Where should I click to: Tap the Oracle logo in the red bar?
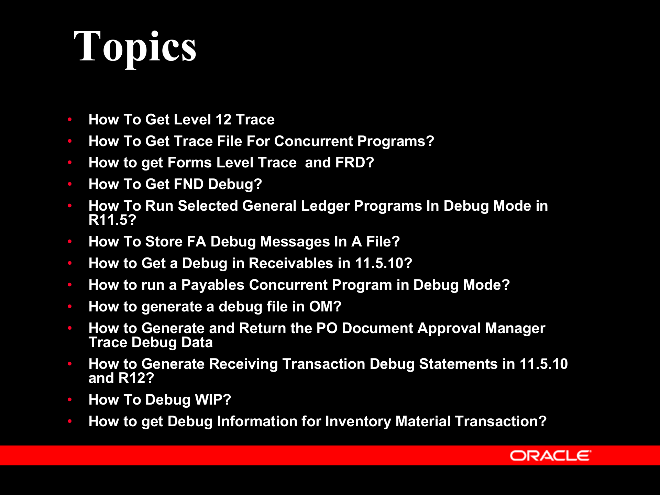click(x=550, y=456)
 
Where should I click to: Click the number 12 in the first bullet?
click(x=223, y=120)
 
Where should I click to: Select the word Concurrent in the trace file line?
click(x=313, y=141)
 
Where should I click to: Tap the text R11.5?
click(x=112, y=220)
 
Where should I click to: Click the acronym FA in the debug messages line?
click(x=196, y=242)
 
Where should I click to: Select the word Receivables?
click(x=291, y=263)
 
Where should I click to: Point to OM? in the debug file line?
click(x=325, y=307)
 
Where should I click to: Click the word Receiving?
click(x=243, y=364)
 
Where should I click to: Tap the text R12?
click(x=136, y=378)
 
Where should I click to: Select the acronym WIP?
click(x=213, y=400)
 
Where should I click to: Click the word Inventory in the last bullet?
click(x=358, y=421)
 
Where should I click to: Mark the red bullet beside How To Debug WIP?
click(x=70, y=400)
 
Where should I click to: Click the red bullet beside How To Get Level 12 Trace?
click(x=70, y=120)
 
